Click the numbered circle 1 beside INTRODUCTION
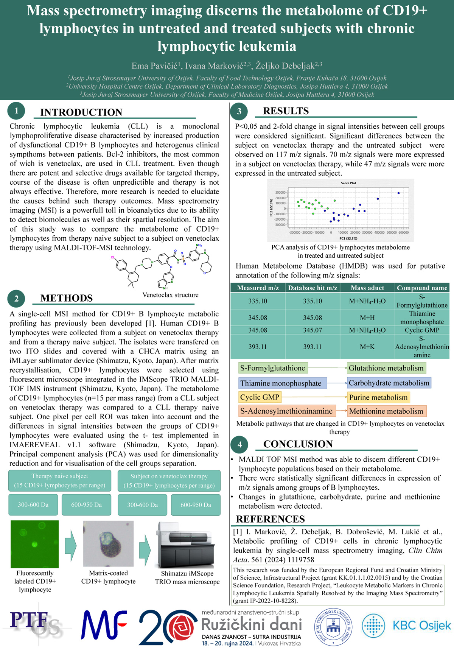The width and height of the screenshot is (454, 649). click(x=16, y=111)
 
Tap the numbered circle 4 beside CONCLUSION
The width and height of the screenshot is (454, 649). click(x=239, y=445)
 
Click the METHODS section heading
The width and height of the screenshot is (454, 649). click(x=67, y=298)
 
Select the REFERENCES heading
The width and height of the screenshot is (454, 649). click(x=270, y=519)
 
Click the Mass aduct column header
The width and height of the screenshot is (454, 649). click(x=367, y=288)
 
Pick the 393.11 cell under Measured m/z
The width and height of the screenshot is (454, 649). click(x=258, y=347)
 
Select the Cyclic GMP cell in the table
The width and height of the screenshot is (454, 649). click(x=422, y=330)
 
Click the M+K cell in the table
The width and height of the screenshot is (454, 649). click(x=367, y=347)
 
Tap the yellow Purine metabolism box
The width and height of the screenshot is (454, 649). click(x=378, y=397)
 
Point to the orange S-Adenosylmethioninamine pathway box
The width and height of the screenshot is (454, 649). click(x=286, y=411)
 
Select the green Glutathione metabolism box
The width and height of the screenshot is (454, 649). click(x=386, y=368)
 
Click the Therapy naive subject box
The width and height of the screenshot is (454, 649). click(x=60, y=481)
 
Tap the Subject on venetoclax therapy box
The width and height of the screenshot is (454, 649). click(x=169, y=481)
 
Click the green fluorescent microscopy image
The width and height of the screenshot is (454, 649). click(x=35, y=544)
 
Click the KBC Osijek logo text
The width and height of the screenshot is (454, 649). click(x=421, y=626)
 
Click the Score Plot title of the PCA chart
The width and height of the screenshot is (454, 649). click(x=348, y=183)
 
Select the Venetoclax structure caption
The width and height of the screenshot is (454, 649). click(x=170, y=295)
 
